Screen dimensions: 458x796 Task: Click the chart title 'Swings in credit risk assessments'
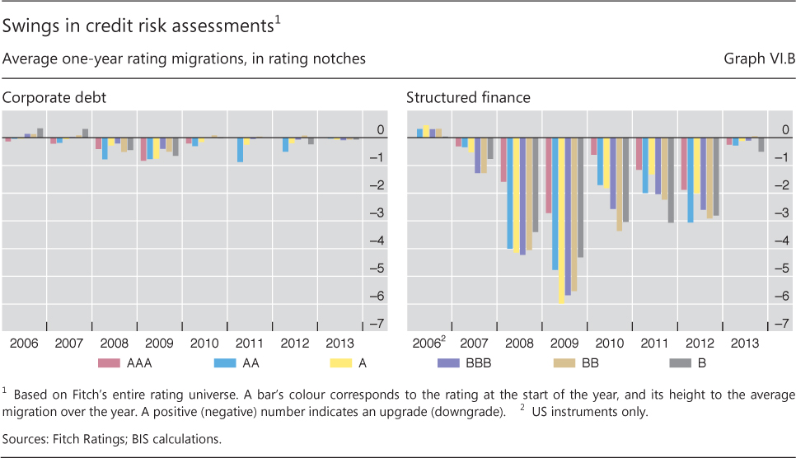click(137, 26)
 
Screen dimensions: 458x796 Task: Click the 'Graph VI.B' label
click(758, 59)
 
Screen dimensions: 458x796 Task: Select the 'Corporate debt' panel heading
click(54, 98)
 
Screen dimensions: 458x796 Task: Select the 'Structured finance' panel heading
click(468, 98)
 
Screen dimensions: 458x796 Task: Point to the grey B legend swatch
click(678, 362)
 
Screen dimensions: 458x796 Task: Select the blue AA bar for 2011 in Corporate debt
click(240, 150)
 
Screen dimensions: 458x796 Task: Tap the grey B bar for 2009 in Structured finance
click(581, 198)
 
